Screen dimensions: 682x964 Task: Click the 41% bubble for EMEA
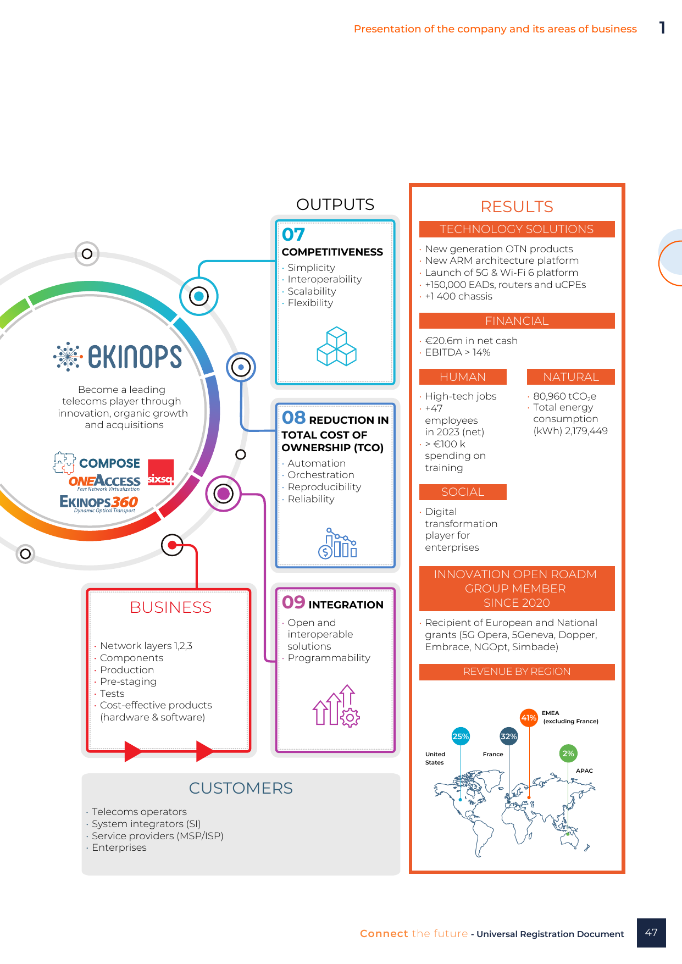(529, 718)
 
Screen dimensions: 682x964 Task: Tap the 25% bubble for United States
(461, 736)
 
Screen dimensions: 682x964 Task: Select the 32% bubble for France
(509, 736)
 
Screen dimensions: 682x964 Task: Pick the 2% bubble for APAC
(568, 754)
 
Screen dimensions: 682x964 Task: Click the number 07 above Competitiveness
(293, 235)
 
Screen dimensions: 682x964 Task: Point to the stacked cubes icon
(336, 346)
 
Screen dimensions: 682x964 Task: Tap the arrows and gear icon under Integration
(336, 706)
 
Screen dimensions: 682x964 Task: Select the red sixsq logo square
(161, 472)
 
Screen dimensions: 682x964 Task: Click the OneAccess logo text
(104, 481)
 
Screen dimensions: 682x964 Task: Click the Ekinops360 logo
(99, 503)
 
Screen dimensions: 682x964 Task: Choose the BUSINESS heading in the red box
(171, 607)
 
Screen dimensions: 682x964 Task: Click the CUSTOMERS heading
(241, 788)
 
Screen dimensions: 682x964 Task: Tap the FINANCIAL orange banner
(517, 321)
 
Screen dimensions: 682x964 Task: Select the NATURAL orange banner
(571, 377)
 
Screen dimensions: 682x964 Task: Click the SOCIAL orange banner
(463, 492)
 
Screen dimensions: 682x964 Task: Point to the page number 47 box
(651, 933)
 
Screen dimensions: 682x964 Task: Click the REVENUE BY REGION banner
(517, 672)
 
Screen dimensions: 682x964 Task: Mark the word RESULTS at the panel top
(517, 207)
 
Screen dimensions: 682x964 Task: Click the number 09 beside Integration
(293, 602)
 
